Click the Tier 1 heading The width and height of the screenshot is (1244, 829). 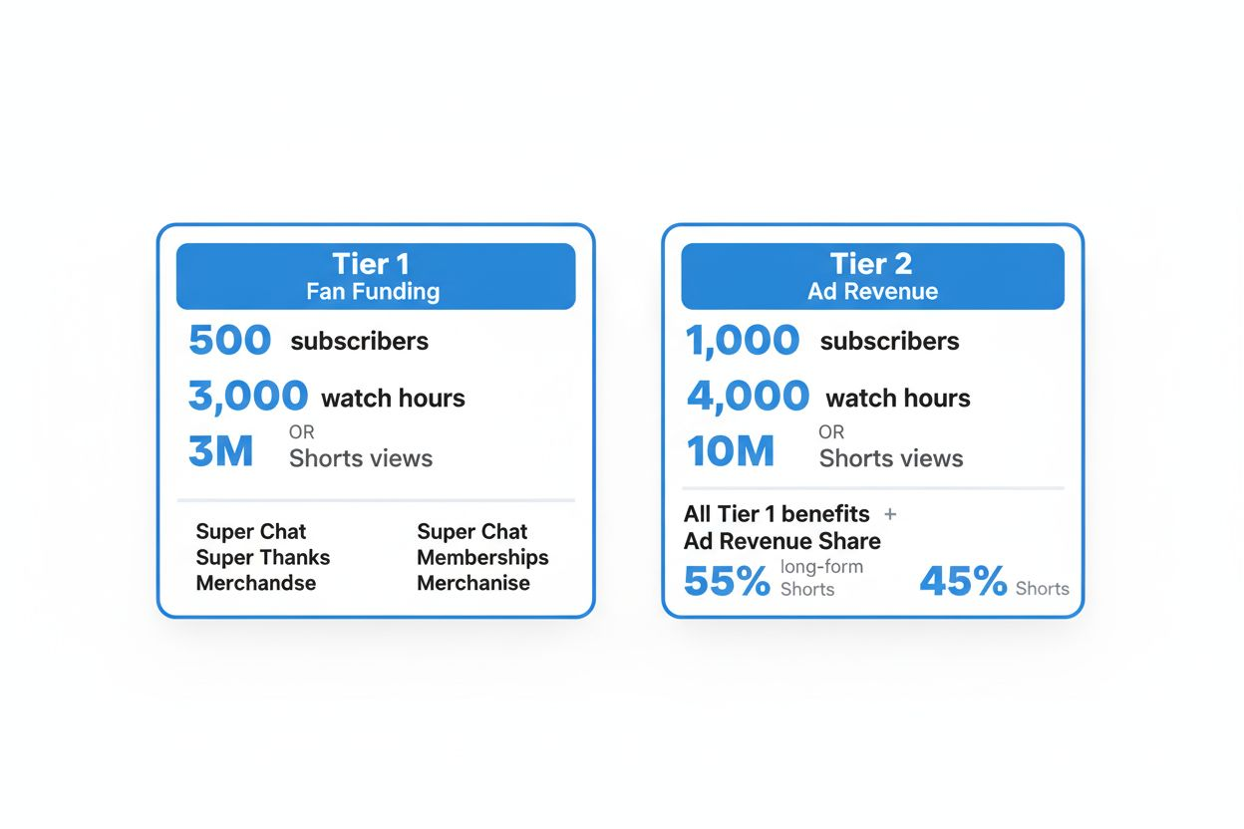[x=371, y=264]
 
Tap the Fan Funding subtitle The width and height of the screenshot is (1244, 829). [x=373, y=292]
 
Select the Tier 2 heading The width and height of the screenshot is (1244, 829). [x=871, y=264]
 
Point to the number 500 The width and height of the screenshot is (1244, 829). [x=229, y=340]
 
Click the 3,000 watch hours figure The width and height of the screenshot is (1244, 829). [x=247, y=397]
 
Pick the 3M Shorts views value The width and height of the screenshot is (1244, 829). [x=220, y=450]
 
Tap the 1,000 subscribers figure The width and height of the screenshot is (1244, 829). [x=743, y=341]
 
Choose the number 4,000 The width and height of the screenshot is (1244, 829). [x=748, y=397]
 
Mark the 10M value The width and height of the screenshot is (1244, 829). [x=731, y=450]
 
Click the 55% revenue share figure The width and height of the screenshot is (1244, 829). [x=727, y=581]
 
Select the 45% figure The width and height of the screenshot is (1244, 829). [x=963, y=581]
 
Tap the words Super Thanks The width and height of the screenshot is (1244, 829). [x=263, y=557]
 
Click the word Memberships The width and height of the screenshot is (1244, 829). [x=482, y=557]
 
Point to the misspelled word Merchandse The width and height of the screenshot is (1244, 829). [x=256, y=583]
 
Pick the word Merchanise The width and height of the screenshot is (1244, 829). [x=473, y=583]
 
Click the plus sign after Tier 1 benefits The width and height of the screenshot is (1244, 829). [x=890, y=515]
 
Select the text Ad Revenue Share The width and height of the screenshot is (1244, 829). [x=781, y=541]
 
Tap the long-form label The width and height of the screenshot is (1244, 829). [x=822, y=567]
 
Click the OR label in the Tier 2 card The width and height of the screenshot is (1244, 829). [x=831, y=432]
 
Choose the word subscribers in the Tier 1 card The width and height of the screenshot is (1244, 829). [x=359, y=342]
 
